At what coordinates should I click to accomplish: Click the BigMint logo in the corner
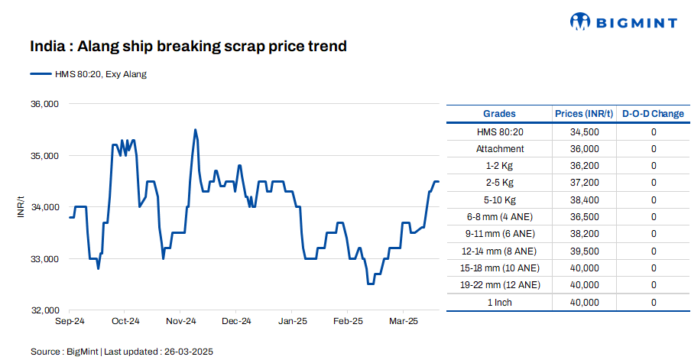coord(624,22)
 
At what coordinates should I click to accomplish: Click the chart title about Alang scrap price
coord(188,47)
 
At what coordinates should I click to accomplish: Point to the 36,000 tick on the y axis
coord(44,104)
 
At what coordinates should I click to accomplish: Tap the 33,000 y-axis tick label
coord(44,259)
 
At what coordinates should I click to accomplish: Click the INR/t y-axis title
coord(21,207)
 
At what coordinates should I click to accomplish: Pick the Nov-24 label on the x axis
coord(181,321)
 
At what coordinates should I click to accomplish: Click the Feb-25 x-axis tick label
coord(348,321)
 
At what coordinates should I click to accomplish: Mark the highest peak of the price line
coord(196,130)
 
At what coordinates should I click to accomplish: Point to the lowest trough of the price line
coord(371,284)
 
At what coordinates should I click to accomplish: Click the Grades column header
coord(499,114)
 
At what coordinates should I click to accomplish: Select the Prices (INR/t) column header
coord(584,114)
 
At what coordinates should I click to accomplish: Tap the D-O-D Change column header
coord(653,114)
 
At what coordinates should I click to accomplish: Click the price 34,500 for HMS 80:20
coord(584,131)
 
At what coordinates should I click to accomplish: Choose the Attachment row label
coord(500,148)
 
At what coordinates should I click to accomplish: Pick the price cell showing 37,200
coord(584,183)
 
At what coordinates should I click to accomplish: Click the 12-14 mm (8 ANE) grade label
coord(500,251)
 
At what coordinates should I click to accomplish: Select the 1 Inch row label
coord(500,302)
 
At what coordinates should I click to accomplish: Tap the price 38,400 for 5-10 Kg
coord(584,199)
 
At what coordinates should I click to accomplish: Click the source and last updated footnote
coord(122,352)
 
